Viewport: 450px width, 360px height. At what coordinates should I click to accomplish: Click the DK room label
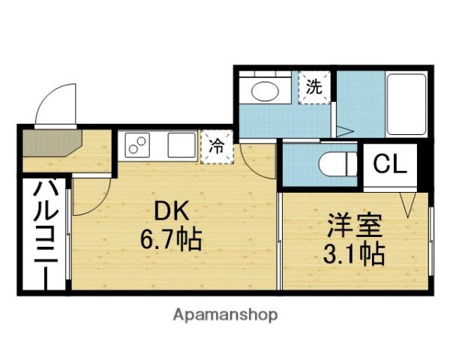(x=172, y=211)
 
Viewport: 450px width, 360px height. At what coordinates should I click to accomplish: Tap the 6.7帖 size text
(x=171, y=240)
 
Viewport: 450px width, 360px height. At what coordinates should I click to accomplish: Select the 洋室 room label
(x=355, y=226)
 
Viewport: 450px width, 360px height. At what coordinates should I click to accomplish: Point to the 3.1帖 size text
(x=354, y=254)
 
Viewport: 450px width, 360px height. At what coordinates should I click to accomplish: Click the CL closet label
(x=390, y=164)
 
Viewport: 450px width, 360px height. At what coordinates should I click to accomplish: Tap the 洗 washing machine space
(x=314, y=87)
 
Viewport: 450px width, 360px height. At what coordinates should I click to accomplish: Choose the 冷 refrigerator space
(x=217, y=147)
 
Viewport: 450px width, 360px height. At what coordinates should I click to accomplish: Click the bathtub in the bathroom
(x=406, y=104)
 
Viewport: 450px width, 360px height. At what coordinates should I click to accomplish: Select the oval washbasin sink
(x=265, y=91)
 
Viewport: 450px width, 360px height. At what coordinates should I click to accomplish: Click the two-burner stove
(x=137, y=145)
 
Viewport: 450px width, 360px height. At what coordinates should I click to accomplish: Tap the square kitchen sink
(x=181, y=145)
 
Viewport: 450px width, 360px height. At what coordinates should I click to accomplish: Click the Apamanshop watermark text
(x=225, y=316)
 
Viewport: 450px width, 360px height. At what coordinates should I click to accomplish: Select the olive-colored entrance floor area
(x=52, y=143)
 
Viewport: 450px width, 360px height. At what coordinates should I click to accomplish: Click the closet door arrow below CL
(x=408, y=205)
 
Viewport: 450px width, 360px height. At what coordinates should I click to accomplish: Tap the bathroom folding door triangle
(x=345, y=131)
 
